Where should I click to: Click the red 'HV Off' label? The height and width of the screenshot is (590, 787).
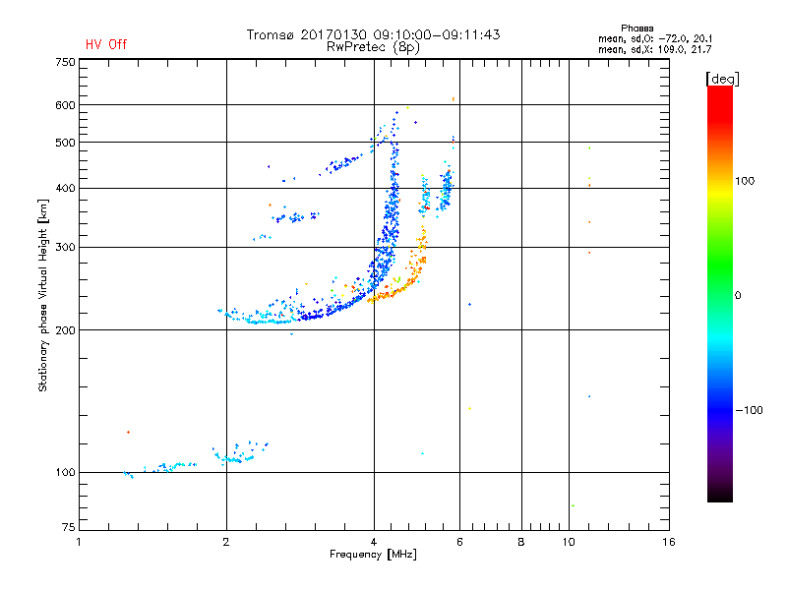coord(105,44)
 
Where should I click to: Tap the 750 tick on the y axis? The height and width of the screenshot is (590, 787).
coord(65,62)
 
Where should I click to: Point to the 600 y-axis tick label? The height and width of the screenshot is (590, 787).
coord(65,104)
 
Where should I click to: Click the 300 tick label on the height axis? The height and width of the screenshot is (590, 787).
coord(65,247)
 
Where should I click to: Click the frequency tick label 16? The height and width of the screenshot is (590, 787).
coord(668,542)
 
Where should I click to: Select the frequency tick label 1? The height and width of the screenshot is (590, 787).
coord(80,542)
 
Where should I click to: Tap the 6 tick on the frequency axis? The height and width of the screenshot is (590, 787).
coord(459,542)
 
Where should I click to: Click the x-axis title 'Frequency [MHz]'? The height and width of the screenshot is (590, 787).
coord(374,555)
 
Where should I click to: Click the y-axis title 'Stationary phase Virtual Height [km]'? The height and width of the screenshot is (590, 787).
coord(43,295)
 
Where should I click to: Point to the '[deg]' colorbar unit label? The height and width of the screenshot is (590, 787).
coord(723,78)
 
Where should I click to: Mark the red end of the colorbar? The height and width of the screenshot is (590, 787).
coord(719,91)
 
